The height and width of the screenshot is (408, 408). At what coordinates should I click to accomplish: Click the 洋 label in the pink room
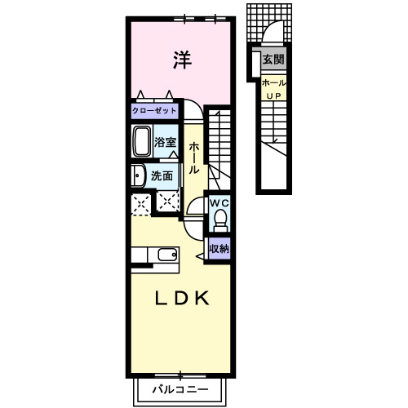point(183,60)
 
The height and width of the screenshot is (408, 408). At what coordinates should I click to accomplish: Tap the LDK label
point(182,298)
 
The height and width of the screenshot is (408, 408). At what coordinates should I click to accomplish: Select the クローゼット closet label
point(154,111)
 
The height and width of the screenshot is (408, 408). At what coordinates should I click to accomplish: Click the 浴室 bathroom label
point(165,142)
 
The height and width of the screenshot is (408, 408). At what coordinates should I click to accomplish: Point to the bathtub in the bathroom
point(141,141)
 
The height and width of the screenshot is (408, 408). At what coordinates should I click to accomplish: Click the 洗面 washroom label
point(162,176)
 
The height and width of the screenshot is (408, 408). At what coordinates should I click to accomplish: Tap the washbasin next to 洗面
point(138,175)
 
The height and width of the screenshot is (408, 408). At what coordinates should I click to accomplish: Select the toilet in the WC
point(220,220)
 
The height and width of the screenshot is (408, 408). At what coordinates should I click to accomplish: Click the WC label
point(220,203)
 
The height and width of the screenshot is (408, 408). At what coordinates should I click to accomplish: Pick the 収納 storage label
point(220,249)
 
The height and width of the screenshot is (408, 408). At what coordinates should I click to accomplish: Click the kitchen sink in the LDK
point(167,255)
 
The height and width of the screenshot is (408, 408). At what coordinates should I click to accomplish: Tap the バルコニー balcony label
point(180,390)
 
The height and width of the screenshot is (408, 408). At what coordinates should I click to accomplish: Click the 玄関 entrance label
point(273,60)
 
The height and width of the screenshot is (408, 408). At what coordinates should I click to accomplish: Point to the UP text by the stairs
point(273,96)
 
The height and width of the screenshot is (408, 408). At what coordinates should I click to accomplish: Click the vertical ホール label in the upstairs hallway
point(194,157)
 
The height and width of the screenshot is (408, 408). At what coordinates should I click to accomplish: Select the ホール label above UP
point(274,83)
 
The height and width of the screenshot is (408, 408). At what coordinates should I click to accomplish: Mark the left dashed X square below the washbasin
point(141,204)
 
